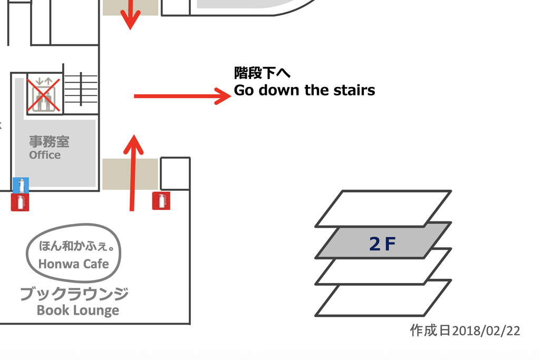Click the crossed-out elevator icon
(44, 94)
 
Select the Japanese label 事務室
(49, 141)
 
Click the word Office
(45, 155)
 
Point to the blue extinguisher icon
(21, 185)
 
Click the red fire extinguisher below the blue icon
(20, 202)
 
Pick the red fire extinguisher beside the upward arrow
(161, 201)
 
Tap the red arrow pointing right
(182, 96)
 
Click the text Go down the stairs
(304, 90)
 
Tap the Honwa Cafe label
(74, 264)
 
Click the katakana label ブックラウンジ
(74, 294)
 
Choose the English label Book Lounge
(78, 310)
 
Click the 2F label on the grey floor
(382, 244)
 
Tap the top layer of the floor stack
(383, 208)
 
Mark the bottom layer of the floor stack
(383, 298)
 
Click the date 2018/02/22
(486, 330)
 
